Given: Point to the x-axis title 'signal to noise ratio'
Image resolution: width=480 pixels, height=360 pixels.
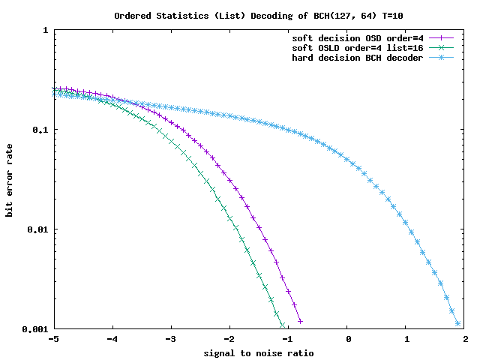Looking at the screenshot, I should pos(259,352).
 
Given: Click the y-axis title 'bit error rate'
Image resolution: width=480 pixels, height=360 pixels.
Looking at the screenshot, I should pos(10,180).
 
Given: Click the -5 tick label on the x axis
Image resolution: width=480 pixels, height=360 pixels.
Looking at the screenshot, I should pos(53,340).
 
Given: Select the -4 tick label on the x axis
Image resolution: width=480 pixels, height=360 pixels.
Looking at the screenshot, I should pos(112,340).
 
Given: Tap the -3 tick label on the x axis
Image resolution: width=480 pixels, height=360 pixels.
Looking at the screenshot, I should pos(171,340).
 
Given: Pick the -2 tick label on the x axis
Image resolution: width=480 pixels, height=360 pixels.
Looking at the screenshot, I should pos(229,340).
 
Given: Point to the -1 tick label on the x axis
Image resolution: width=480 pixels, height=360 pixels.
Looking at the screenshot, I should pos(289,340).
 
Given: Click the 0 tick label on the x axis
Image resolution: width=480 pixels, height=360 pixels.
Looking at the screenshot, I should pos(349,340).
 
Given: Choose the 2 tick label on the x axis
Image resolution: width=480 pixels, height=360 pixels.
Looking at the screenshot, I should pos(466,340).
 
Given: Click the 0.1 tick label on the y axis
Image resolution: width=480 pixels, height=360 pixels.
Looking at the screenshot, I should pos(40,130).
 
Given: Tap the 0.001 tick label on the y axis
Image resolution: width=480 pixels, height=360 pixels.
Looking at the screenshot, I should pos(34,329).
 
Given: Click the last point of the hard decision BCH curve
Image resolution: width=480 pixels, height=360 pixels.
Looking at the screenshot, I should pos(457,324).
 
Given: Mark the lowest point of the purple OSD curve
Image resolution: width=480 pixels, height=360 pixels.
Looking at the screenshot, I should pos(300,321).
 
